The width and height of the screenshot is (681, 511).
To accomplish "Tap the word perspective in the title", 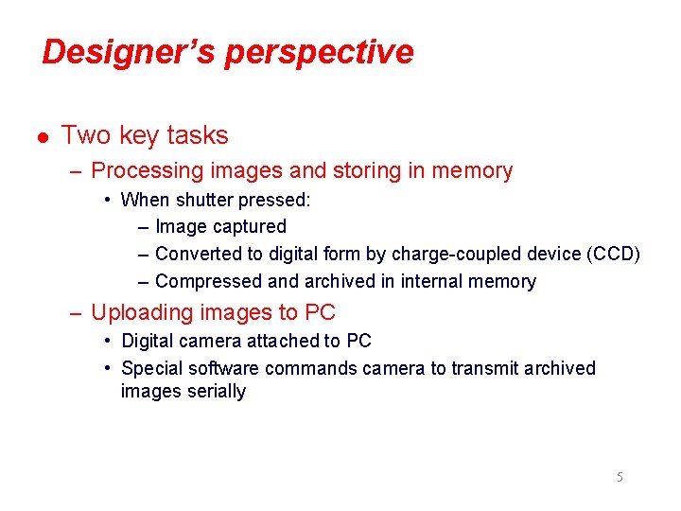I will [319, 53].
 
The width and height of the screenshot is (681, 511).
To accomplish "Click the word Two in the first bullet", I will [86, 135].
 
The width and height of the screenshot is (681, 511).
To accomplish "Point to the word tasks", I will [197, 135].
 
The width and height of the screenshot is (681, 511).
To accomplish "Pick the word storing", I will [370, 171].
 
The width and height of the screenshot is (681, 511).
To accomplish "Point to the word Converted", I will [197, 254].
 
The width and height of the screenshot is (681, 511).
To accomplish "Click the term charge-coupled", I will [453, 254].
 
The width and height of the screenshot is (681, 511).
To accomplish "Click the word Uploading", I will [140, 312].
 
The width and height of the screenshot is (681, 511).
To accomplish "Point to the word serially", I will [210, 392].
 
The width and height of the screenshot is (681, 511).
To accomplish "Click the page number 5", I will [620, 477].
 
